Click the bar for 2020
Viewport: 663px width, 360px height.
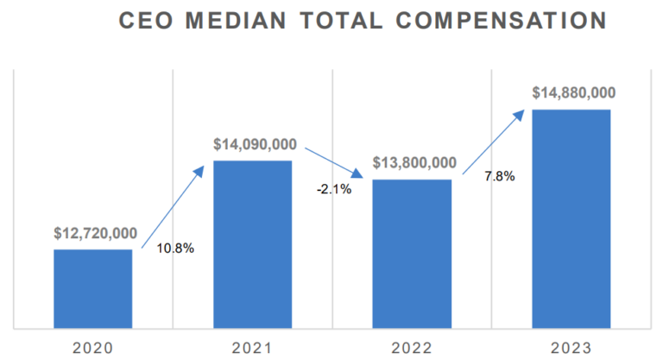click(x=93, y=288)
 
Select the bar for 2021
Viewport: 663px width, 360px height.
click(x=252, y=244)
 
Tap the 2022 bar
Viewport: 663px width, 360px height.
click(x=412, y=254)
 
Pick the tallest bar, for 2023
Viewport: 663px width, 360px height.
click(x=571, y=218)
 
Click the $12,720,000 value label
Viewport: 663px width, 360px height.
click(x=95, y=233)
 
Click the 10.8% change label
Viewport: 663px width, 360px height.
click(x=175, y=249)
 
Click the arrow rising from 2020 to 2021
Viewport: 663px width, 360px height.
click(x=173, y=205)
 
